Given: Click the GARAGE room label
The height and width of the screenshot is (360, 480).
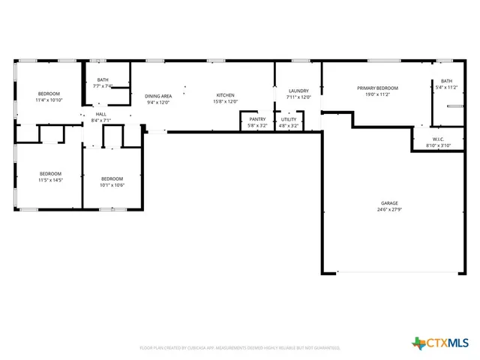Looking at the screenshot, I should pos(388,203).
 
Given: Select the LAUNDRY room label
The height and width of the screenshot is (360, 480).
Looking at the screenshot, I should pos(298,91).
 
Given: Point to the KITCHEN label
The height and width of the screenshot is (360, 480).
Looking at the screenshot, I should pos(226,95).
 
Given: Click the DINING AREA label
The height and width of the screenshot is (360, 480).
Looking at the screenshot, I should pos(158,96).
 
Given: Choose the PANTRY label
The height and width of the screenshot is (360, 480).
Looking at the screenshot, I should pos(257,119).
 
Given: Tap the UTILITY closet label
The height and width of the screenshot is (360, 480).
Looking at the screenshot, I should pos(289,119).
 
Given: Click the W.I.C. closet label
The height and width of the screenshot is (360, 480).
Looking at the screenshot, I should pos(439,139).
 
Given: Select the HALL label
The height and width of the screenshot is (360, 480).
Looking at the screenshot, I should pos(100,114).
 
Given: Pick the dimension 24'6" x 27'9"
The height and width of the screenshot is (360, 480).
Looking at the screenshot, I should pos(388,210).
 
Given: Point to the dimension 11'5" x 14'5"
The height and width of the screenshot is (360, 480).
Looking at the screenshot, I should pos(50,180).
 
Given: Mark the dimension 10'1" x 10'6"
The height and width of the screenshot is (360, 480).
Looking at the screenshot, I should pos(112,184).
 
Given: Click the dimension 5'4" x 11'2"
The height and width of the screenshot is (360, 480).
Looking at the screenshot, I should pos(446,87).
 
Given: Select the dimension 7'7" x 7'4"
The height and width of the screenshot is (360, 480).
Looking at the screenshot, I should pos(103,86).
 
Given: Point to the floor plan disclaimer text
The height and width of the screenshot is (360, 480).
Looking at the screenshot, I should pos(240,348).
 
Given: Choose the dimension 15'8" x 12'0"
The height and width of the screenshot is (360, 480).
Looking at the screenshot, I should pos(226,102).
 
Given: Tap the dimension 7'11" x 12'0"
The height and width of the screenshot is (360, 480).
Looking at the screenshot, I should pos(298,97).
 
